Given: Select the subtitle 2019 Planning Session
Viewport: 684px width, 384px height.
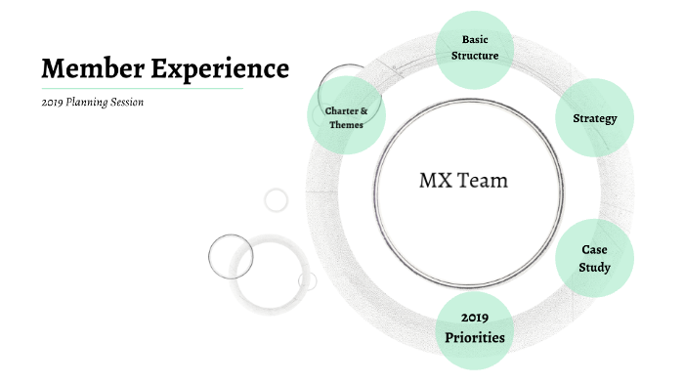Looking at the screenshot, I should (92, 102).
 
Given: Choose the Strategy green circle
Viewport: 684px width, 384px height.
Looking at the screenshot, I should (594, 118).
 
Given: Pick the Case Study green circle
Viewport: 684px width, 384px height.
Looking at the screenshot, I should (594, 258).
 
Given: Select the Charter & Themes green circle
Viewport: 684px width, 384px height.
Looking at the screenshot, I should (346, 117).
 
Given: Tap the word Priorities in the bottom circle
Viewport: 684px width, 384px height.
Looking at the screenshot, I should (475, 338).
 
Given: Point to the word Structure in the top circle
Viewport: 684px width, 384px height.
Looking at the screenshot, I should (475, 56).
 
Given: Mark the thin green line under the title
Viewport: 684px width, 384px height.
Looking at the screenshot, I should (142, 88).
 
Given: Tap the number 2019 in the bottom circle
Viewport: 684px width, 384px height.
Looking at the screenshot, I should (475, 319).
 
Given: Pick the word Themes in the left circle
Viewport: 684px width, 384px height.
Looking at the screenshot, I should (346, 125).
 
